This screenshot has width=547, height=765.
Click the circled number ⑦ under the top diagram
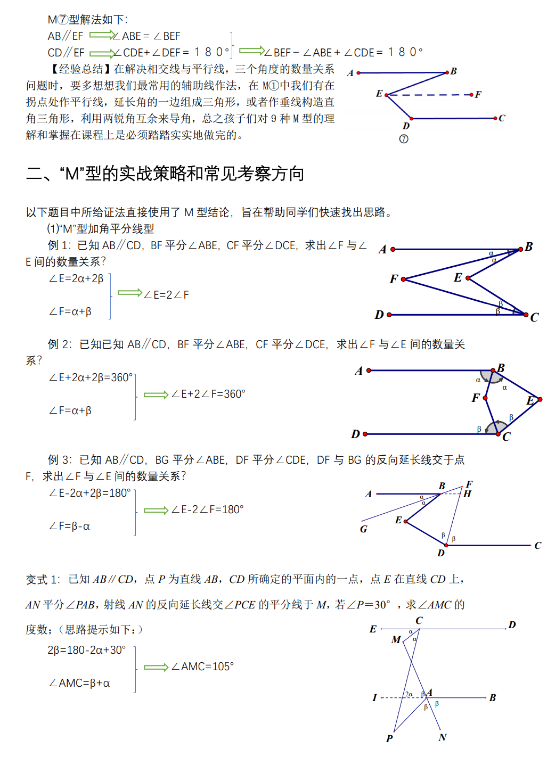click(x=404, y=139)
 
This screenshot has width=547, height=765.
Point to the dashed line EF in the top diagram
click(x=429, y=95)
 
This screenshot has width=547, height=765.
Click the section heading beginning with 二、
click(x=165, y=174)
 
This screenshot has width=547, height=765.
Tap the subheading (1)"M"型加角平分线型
click(x=101, y=229)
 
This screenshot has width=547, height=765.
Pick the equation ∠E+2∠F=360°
click(x=208, y=394)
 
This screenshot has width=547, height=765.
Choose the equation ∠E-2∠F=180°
click(x=207, y=510)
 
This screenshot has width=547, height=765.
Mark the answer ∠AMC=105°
click(x=202, y=667)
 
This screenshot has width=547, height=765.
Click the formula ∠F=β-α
click(x=69, y=527)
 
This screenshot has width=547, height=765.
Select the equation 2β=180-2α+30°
click(x=87, y=650)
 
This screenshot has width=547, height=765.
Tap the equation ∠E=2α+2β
click(x=76, y=278)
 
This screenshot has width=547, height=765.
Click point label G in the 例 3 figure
click(x=364, y=529)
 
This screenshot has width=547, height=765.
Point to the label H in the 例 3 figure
click(x=467, y=494)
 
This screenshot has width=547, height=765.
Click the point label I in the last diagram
click(x=374, y=697)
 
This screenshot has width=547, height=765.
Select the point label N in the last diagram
click(x=443, y=737)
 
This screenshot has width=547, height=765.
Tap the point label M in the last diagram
click(x=396, y=640)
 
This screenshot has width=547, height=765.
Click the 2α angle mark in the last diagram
click(x=409, y=694)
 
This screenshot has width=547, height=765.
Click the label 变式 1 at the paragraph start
click(x=43, y=580)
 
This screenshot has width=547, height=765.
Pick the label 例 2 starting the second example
click(x=60, y=344)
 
